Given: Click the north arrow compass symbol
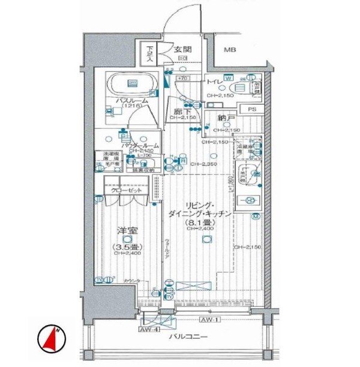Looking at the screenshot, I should [53, 339].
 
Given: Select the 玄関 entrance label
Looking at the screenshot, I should [183, 50].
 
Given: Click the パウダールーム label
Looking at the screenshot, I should [140, 146].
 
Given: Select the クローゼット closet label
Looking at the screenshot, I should [126, 190].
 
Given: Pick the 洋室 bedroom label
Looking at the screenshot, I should [123, 230].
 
